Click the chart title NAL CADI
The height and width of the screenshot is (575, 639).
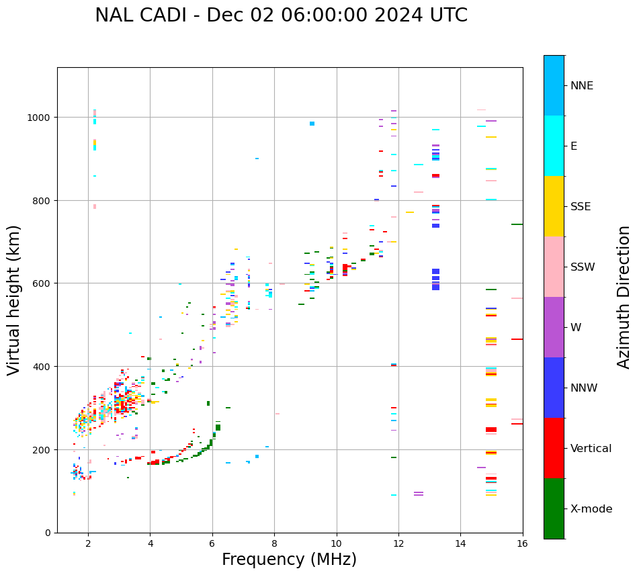281,15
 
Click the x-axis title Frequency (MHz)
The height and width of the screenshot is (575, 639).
289,560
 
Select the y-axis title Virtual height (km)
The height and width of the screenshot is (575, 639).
14,300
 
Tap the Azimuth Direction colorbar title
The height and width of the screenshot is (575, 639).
624,297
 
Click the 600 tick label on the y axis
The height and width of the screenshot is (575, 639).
42,283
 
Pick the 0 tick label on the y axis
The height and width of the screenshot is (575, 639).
48,533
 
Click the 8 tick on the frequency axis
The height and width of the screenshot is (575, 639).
274,545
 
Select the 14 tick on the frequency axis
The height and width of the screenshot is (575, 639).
460,545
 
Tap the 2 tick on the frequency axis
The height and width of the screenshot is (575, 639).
88,545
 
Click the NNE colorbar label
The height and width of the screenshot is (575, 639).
582,85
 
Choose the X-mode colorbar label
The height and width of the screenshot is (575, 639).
591,508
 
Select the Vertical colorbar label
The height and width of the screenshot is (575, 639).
591,448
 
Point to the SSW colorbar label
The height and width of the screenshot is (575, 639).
583,267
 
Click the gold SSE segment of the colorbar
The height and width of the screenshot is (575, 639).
554,206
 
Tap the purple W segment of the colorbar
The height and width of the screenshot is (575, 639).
554,327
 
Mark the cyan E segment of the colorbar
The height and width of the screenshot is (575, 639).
554,146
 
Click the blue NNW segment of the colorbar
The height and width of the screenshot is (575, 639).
554,388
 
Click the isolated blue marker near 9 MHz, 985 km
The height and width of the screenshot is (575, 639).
312,124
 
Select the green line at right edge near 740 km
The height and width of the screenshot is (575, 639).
517,224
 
